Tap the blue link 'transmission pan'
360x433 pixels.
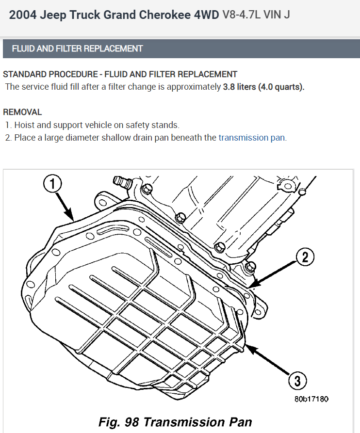252,138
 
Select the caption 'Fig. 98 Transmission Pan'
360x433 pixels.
175,421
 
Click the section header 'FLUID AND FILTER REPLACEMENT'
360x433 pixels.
77,48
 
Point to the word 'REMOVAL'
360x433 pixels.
22,112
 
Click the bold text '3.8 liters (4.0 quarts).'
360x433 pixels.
263,87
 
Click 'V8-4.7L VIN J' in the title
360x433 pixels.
256,15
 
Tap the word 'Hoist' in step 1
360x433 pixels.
25,125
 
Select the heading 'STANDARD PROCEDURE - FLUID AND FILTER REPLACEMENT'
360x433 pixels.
120,75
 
